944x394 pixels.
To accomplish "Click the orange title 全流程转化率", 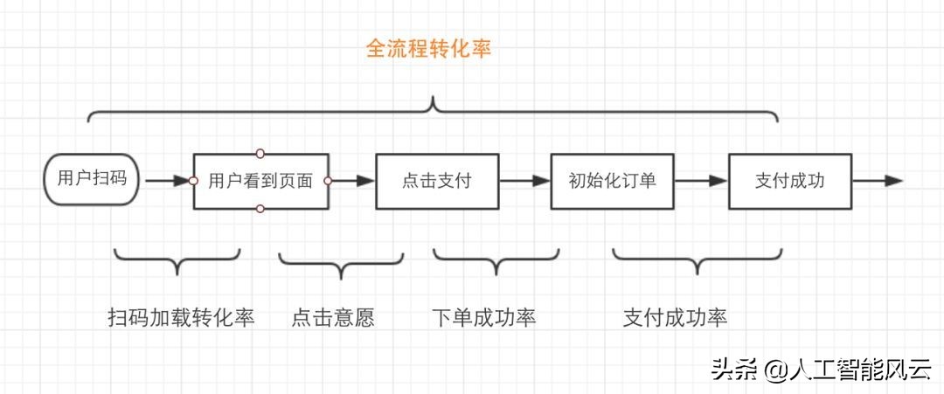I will click(x=428, y=49).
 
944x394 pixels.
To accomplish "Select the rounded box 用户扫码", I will click(x=92, y=180).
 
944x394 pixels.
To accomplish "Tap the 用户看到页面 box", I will click(x=260, y=182).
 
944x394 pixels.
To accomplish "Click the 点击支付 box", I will click(x=437, y=182).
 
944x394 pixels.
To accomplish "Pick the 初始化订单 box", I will click(x=612, y=181).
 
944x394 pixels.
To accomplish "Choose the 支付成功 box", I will click(x=790, y=181).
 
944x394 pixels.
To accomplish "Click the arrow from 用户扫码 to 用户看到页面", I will click(x=166, y=181).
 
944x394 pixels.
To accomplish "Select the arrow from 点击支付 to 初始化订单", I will click(x=524, y=181).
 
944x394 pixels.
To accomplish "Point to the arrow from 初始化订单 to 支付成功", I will click(x=701, y=181).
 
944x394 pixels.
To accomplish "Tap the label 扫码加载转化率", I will click(x=181, y=317).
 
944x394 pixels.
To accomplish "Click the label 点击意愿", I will click(x=332, y=317).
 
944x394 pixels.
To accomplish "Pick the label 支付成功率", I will click(x=675, y=317).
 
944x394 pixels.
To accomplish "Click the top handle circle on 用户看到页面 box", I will click(x=260, y=154).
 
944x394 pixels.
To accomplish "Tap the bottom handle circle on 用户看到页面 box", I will click(x=260, y=209).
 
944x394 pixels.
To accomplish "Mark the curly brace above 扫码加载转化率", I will click(x=177, y=259).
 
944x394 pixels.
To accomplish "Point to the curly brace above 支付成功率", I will click(x=697, y=259).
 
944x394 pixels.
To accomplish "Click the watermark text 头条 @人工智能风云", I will click(x=821, y=370).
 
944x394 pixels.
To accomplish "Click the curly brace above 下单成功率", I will click(x=496, y=259).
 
